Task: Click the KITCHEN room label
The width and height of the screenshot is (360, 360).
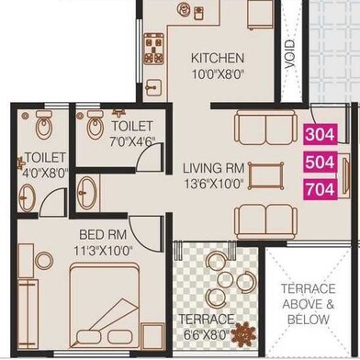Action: click(x=218, y=58)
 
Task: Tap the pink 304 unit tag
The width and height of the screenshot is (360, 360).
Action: click(x=321, y=134)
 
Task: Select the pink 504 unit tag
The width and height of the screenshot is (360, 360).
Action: click(x=321, y=162)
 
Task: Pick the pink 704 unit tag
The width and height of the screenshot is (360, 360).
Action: click(x=321, y=189)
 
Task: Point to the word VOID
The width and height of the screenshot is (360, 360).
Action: click(x=289, y=54)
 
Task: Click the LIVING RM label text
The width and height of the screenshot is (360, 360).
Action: click(x=214, y=168)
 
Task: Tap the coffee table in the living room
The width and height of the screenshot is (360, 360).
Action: click(x=265, y=176)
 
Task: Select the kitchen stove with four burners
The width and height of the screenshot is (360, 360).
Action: click(x=154, y=49)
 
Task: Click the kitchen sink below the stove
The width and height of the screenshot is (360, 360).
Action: click(x=153, y=87)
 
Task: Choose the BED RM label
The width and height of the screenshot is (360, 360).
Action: click(x=103, y=235)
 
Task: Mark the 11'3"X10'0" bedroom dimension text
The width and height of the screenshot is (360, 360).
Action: click(x=103, y=251)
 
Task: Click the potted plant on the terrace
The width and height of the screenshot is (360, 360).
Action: click(x=243, y=334)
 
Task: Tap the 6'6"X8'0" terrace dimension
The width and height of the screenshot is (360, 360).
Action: click(x=207, y=334)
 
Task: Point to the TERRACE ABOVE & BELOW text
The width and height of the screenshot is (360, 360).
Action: click(x=309, y=304)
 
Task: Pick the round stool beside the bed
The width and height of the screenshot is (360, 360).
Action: click(x=44, y=261)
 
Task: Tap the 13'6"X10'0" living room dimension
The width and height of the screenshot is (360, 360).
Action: click(x=214, y=185)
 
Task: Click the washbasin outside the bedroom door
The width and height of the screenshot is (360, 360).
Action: click(x=86, y=193)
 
